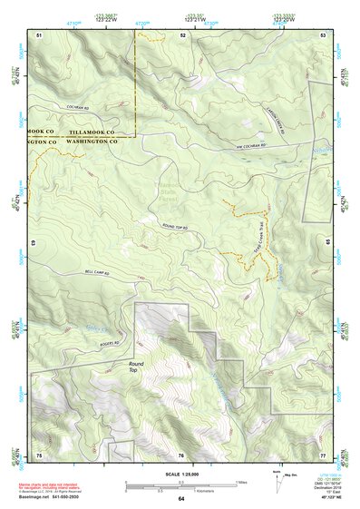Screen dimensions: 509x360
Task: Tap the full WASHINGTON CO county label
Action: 94,142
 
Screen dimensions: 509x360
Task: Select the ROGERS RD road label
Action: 111,344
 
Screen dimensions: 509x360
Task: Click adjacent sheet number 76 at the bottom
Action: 181,454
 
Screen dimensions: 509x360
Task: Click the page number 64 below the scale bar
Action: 181,499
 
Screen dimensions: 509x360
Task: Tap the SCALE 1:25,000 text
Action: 180,475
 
